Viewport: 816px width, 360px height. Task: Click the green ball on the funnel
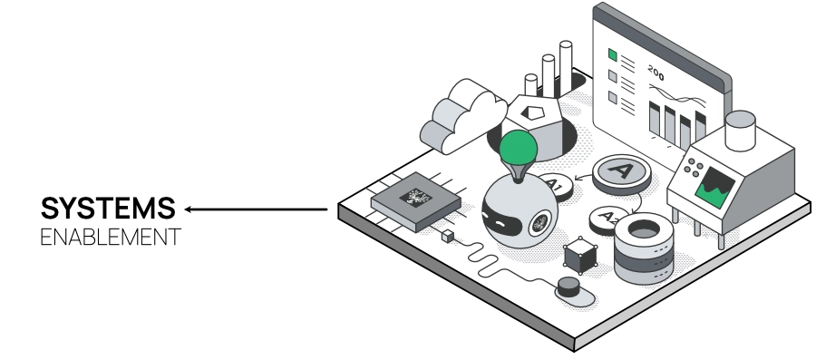coord(519,147)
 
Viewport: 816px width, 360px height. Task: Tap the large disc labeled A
coord(622,170)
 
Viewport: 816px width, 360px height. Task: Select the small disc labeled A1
coord(555,187)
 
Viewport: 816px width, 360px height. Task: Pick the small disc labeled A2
coord(607,218)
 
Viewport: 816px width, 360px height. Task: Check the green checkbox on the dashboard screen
coord(613,54)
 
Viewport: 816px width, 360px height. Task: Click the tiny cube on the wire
coord(447,237)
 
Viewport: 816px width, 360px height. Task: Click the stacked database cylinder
coord(643,247)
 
